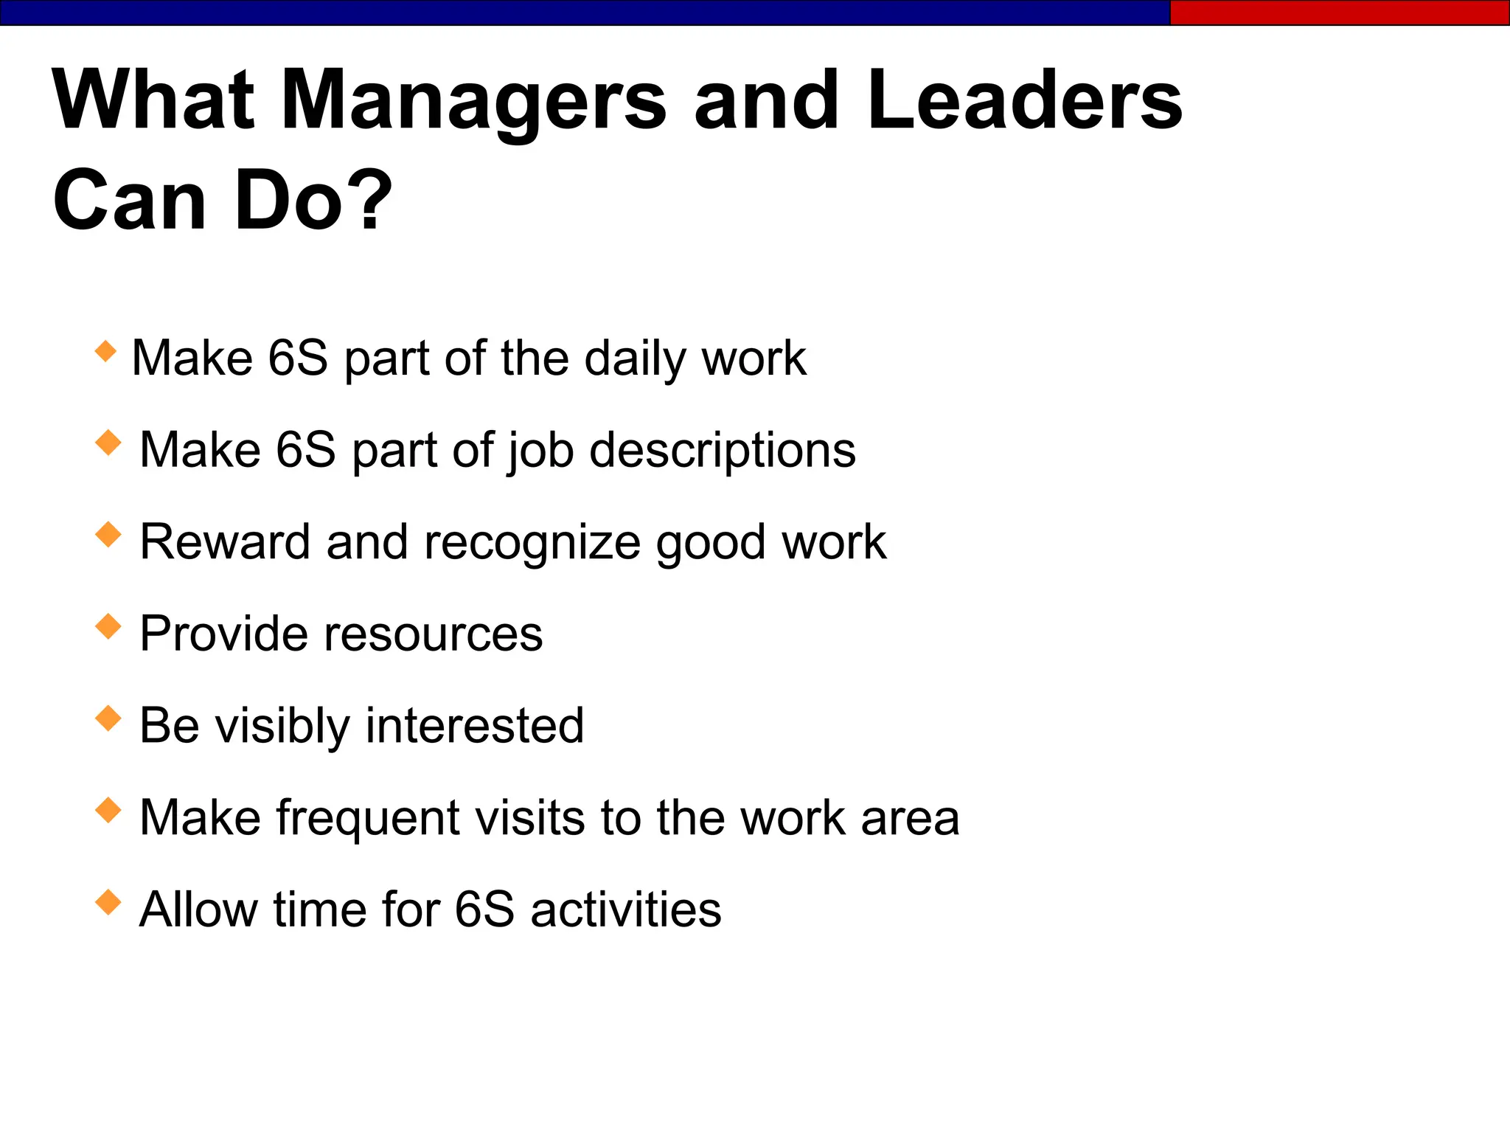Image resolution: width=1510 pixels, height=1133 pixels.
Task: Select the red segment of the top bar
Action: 1339,13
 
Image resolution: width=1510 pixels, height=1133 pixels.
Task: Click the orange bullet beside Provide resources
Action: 108,626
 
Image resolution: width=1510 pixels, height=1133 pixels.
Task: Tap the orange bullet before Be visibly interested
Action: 108,718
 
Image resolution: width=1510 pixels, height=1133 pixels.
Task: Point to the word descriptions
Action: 723,451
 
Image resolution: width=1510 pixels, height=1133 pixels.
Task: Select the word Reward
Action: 224,542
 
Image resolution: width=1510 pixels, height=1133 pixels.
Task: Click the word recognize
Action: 532,544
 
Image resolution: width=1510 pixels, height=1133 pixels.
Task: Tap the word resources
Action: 433,634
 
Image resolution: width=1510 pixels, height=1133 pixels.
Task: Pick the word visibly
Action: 282,726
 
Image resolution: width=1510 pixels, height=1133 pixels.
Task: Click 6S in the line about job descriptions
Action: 305,450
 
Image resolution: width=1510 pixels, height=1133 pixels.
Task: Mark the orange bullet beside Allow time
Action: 108,901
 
